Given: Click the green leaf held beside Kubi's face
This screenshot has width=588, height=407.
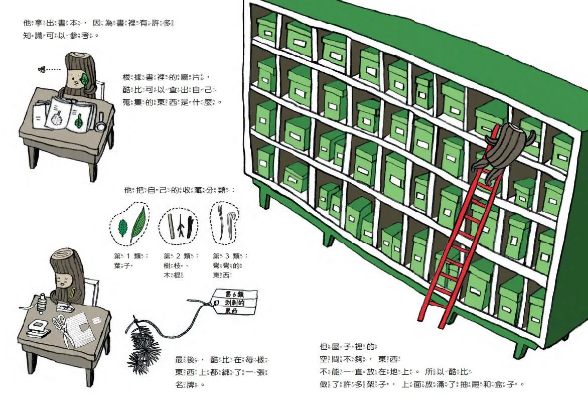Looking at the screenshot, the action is pos(85,79).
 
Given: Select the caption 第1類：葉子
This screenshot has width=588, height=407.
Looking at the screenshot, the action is pos(131,260).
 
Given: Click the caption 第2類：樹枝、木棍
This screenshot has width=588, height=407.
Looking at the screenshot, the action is pos(181,265).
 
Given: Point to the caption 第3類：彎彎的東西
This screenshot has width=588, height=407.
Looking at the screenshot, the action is pos(230,265).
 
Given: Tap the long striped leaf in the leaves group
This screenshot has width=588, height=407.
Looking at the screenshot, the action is pos(137,225).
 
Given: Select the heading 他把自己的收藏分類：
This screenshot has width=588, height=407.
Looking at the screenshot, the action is pos(179,190).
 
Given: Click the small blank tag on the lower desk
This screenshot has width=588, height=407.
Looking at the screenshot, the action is pos(97,319).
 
